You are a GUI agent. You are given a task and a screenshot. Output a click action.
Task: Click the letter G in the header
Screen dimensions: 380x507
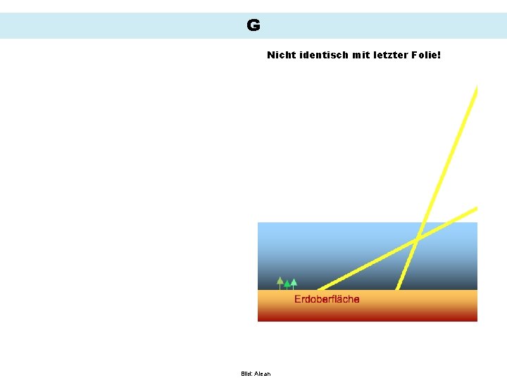[254, 26]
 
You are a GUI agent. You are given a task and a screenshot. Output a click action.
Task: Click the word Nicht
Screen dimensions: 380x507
[281, 54]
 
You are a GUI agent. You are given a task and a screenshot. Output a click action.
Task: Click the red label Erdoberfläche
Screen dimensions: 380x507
[327, 299]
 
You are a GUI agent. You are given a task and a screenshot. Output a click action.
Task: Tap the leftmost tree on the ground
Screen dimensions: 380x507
[280, 282]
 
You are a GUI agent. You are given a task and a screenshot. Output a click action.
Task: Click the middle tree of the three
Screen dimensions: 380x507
[287, 284]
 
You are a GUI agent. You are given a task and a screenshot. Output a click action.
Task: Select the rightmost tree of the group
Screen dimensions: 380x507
[294, 283]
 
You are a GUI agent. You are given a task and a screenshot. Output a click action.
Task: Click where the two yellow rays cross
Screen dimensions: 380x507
[417, 239]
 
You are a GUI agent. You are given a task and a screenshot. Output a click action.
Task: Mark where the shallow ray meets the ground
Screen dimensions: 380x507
[319, 289]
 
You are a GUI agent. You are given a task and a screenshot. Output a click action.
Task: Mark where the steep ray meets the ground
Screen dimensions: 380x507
[398, 289]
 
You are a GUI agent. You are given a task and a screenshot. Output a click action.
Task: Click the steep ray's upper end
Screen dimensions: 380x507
[476, 89]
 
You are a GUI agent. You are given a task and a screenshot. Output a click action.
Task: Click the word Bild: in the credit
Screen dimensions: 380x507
[246, 374]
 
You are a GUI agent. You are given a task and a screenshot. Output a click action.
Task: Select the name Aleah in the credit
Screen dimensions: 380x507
[263, 374]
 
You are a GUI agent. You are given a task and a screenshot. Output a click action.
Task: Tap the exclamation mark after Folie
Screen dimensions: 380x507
[439, 54]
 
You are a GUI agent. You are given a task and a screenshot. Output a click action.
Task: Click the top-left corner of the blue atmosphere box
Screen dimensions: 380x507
[258, 223]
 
